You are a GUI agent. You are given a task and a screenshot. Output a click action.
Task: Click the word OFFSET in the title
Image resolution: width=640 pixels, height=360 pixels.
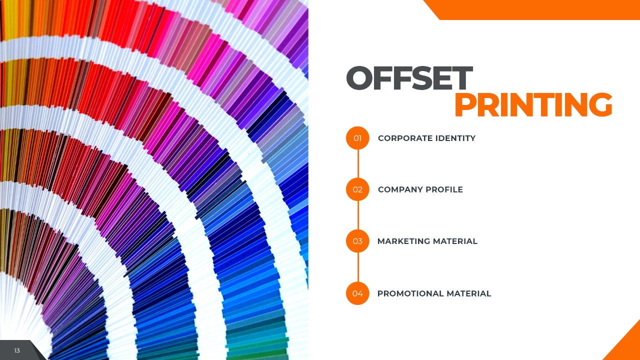click(x=409, y=78)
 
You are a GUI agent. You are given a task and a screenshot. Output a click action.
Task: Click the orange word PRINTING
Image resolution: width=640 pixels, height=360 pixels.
click(x=533, y=104)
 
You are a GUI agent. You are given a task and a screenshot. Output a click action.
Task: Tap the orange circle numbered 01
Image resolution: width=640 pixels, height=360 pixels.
click(x=357, y=138)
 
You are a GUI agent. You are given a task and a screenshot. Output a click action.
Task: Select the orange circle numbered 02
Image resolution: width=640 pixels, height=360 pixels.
click(x=357, y=189)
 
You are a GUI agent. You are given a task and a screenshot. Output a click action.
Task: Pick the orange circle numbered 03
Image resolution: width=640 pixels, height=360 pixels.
click(x=357, y=241)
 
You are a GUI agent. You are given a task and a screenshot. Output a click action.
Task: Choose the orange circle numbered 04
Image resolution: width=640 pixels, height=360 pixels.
click(x=357, y=293)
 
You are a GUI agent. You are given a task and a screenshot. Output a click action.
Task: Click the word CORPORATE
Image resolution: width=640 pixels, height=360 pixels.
click(x=405, y=138)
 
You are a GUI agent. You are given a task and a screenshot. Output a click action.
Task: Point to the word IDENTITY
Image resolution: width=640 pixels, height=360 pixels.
click(x=455, y=138)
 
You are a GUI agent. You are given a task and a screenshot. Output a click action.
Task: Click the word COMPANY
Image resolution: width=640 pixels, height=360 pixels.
click(x=400, y=189)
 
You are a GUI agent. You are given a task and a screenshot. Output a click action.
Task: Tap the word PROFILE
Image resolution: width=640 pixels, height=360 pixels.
click(x=444, y=189)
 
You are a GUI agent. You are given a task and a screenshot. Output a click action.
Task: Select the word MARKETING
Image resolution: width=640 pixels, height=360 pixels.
click(x=403, y=241)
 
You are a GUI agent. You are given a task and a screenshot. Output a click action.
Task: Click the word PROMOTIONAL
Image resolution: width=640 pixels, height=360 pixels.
click(x=410, y=293)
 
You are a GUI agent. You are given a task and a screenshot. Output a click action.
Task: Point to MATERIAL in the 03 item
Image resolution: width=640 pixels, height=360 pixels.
click(x=455, y=241)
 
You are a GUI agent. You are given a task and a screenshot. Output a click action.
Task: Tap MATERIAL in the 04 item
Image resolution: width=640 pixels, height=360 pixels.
click(x=469, y=293)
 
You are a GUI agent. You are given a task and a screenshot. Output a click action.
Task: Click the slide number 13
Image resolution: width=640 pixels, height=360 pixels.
click(x=17, y=350)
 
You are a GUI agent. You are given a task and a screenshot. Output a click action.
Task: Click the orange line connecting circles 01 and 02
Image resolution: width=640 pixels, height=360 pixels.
click(x=358, y=163)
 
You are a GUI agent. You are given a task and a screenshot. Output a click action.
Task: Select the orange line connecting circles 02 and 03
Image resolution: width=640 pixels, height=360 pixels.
click(x=358, y=215)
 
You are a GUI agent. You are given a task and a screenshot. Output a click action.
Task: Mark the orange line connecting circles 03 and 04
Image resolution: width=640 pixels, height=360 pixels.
click(x=358, y=267)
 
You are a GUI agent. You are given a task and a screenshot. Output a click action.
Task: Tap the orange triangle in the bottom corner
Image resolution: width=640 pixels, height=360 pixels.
click(x=627, y=347)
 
